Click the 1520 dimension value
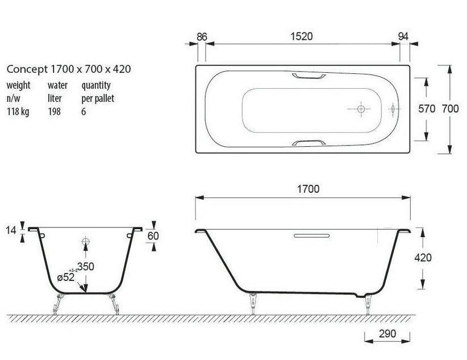click(302, 36)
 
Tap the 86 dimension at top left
click(202, 37)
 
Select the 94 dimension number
click(403, 36)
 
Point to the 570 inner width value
click(427, 109)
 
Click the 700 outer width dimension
click(450, 109)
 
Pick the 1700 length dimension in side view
click(308, 189)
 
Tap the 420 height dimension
click(423, 258)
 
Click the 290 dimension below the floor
click(387, 333)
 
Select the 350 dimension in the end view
click(85, 266)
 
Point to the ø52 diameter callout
click(66, 278)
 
